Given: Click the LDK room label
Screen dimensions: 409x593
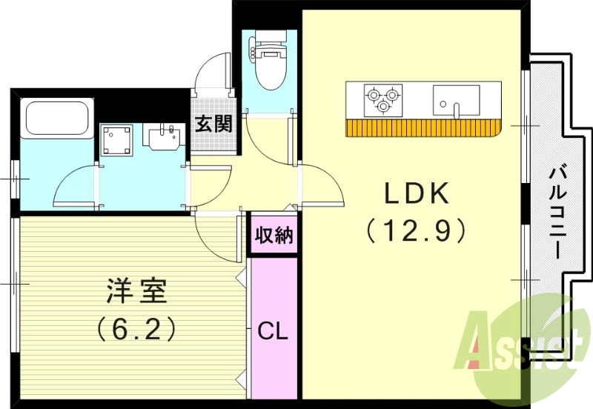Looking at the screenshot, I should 416,194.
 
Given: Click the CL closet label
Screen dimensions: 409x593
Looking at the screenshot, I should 272,330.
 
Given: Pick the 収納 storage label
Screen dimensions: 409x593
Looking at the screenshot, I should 274,236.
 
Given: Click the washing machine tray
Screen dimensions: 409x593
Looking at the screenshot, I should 117,139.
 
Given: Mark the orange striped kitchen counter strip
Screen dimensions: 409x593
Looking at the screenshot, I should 423,127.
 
